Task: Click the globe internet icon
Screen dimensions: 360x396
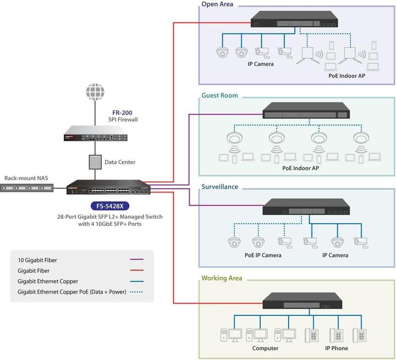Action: (x=95, y=91)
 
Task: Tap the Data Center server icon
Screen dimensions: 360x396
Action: (x=95, y=162)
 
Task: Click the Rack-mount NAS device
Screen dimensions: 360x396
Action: (x=28, y=189)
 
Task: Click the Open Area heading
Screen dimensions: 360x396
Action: (x=217, y=4)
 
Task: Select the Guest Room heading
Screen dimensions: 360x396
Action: (x=219, y=96)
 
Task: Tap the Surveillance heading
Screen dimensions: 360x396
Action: (x=220, y=187)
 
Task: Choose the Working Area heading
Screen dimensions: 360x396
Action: (x=223, y=278)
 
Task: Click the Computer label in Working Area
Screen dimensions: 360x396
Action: (x=265, y=348)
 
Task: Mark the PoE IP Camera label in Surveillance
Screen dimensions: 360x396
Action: (x=263, y=255)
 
